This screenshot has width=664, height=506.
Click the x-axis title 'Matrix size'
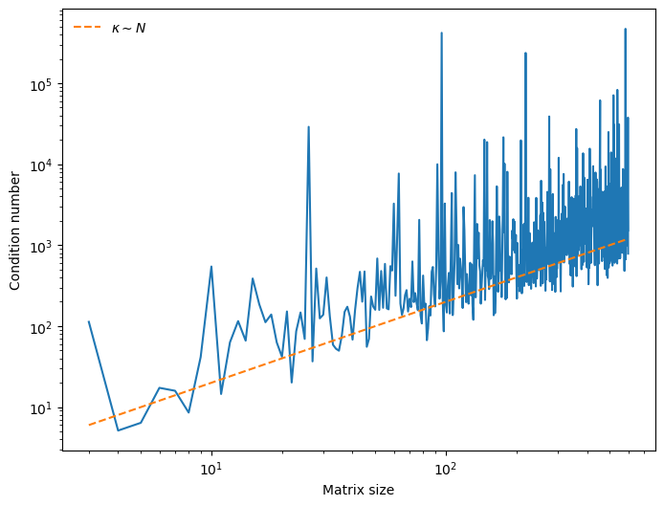358,491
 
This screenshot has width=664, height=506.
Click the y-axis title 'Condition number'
15,231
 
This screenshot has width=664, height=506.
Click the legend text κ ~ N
128,28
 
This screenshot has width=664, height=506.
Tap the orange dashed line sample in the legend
87,28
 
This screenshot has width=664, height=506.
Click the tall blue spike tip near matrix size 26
308,126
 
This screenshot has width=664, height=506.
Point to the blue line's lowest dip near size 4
119,430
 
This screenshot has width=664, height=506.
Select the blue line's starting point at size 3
89,321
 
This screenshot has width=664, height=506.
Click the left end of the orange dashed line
89,425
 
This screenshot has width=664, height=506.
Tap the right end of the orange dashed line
628,238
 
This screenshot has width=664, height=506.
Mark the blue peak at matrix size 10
211,267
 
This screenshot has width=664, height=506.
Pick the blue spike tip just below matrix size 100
441,33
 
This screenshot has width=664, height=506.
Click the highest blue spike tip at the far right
626,29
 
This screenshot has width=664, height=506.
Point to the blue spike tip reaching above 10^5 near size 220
525,53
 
